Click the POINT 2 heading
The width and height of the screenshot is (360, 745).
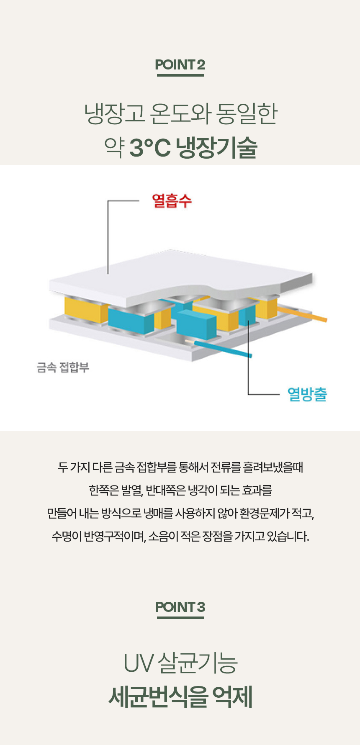point(180,65)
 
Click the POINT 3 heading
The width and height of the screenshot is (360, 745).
point(180,607)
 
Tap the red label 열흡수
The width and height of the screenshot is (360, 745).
point(172,201)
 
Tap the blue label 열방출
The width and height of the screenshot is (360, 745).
point(307,394)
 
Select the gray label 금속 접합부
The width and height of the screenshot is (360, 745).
point(63,367)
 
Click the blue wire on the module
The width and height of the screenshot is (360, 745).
point(226,348)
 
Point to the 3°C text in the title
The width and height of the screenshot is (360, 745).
point(150,147)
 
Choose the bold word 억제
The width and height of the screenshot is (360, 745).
point(232,697)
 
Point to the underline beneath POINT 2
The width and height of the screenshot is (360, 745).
point(180,75)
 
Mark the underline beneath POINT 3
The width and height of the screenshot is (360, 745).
point(180,617)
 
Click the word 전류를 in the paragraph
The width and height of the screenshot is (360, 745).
point(226,467)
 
